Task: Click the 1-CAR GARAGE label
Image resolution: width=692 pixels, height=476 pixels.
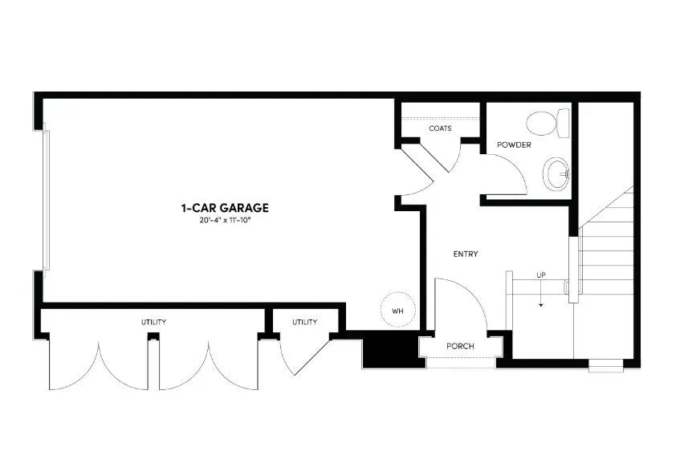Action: point(225,207)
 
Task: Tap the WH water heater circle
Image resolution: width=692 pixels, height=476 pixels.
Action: point(397,309)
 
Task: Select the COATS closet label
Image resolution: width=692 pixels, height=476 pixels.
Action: point(440,128)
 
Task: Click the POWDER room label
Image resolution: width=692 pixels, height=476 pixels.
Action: point(514,145)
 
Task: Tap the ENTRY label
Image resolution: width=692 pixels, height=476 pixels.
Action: point(466,254)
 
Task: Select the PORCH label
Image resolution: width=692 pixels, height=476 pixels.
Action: point(461,346)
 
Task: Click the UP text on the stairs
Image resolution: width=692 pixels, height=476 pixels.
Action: point(541,276)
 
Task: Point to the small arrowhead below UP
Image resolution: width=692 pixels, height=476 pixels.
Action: point(541,305)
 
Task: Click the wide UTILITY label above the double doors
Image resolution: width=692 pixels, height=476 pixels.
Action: point(154,322)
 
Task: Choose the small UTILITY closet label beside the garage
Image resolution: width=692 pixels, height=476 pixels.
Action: point(304,322)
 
